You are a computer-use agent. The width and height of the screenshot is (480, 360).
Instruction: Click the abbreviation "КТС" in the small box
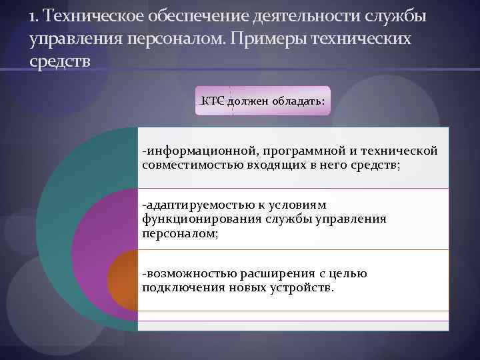(213, 99)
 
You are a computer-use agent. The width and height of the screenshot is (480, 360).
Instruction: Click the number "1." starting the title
(35, 16)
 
